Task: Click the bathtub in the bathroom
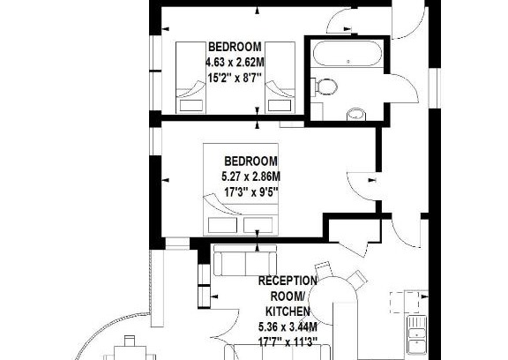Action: coord(346,53)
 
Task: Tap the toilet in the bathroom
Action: coord(325,86)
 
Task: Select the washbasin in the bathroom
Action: coord(356,114)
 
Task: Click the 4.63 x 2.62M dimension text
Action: coord(235,62)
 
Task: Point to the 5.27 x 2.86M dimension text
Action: coord(251,177)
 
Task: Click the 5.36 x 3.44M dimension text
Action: coord(288,327)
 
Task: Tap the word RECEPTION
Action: coord(288,281)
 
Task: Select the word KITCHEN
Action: coord(288,311)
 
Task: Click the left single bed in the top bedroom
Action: coord(190,78)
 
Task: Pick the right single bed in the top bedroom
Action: coord(280,78)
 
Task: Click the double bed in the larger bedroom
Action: coord(241,189)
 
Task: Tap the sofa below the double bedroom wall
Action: coord(245,260)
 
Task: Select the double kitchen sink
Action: coord(417,335)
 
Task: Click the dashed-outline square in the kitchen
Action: coord(404,302)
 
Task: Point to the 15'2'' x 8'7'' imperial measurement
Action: coord(235,78)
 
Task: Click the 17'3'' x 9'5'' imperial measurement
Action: coord(251,192)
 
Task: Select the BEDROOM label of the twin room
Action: coord(235,47)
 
